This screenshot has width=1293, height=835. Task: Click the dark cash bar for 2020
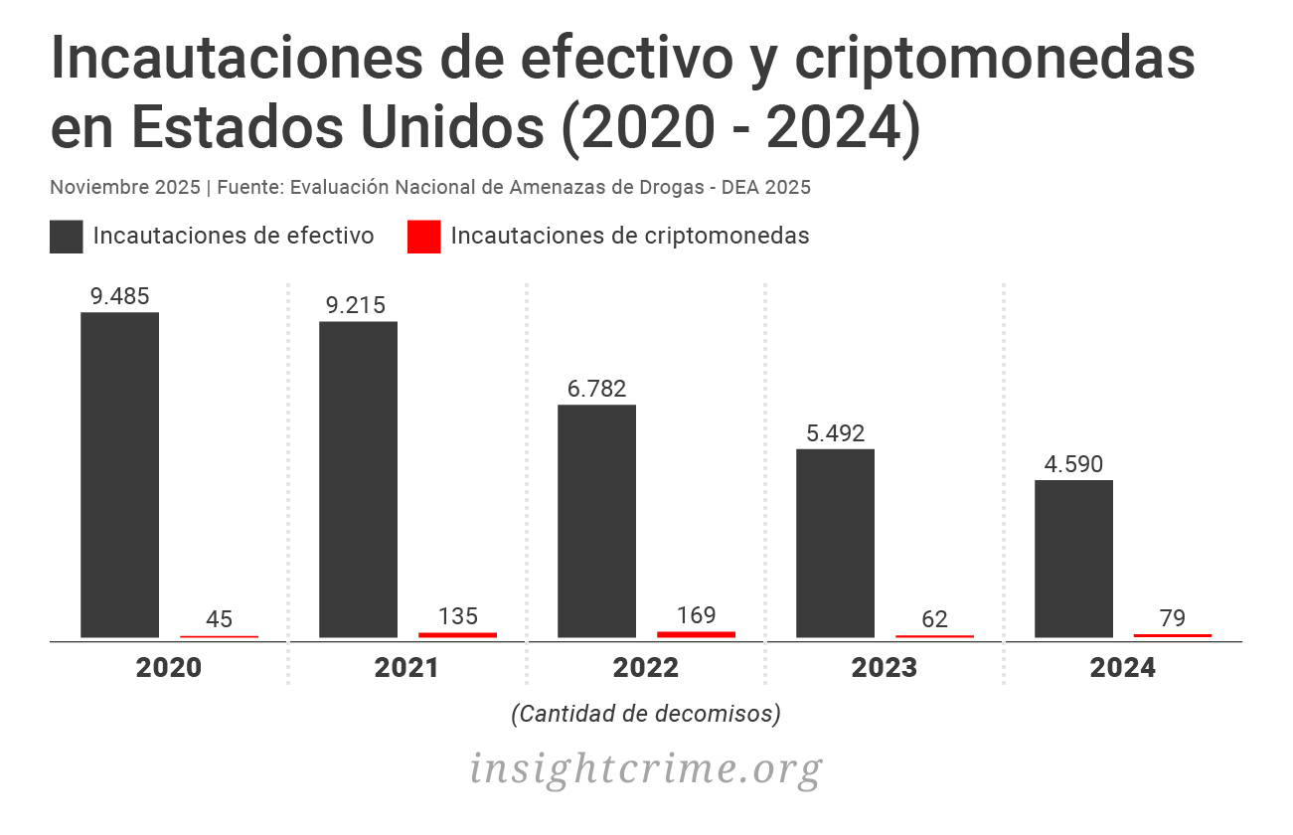point(119,474)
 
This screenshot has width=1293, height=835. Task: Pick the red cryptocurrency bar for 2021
point(457,634)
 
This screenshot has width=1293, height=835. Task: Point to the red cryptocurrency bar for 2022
point(696,633)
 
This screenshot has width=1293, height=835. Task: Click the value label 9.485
point(119,296)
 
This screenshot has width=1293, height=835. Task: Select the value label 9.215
point(356,305)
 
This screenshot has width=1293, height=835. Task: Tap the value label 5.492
point(835,433)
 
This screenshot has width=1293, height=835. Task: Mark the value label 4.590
point(1073,464)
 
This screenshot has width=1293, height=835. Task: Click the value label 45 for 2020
point(219,620)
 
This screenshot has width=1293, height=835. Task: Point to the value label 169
point(696,615)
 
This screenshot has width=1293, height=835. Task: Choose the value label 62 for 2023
point(934,620)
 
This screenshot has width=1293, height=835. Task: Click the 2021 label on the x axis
point(406,668)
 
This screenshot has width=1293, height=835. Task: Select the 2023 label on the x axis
point(884,668)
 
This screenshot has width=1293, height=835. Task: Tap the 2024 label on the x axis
point(1122,668)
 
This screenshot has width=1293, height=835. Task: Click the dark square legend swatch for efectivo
point(67,237)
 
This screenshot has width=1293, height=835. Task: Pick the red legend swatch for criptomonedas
point(424,237)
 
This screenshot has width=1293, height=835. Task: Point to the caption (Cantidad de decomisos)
point(646,714)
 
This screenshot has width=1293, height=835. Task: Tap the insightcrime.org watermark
point(646,768)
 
